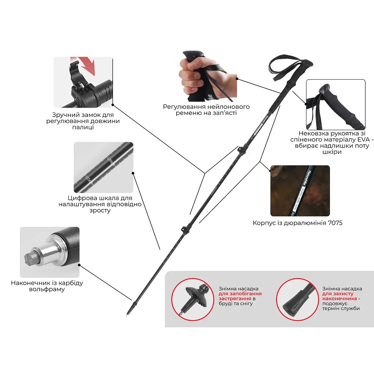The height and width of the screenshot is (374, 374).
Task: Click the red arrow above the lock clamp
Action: (x=87, y=65)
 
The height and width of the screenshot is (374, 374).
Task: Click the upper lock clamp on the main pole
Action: (x=241, y=150)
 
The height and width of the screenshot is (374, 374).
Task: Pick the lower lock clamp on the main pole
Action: (x=185, y=230)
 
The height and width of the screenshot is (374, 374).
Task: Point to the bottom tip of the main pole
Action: (x=127, y=315)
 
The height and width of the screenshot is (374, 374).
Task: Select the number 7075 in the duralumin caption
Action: (x=335, y=223)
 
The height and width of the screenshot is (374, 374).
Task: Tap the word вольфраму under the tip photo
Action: (x=47, y=289)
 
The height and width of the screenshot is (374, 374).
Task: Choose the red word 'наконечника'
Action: (x=340, y=298)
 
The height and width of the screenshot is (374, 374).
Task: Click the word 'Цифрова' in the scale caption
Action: (x=79, y=198)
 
